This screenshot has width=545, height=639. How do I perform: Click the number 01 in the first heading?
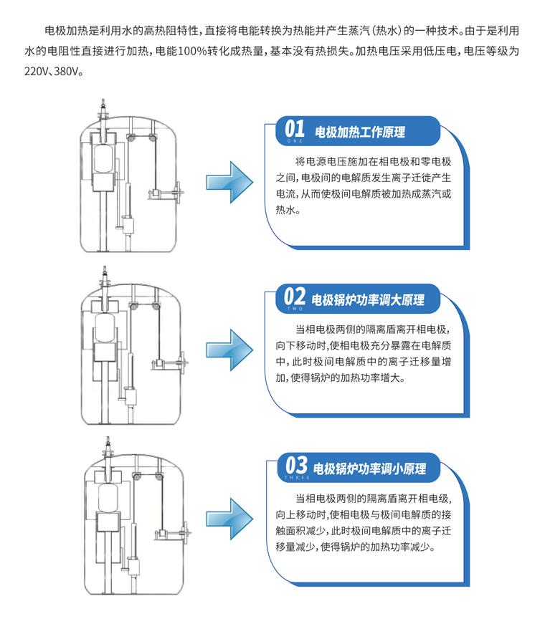(x=295, y=130)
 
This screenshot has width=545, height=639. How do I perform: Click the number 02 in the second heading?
(x=295, y=297)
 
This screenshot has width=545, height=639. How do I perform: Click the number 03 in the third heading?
(x=296, y=465)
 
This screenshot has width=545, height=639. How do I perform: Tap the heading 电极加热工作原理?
(x=360, y=133)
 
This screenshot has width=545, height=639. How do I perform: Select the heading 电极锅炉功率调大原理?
(x=367, y=300)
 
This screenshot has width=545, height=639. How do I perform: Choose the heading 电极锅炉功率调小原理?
(x=370, y=469)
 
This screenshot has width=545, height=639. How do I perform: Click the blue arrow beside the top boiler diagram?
(x=229, y=180)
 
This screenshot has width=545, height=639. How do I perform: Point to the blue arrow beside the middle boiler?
(x=229, y=347)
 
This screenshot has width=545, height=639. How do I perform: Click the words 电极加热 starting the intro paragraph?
(x=64, y=32)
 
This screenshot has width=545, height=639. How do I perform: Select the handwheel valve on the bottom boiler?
(x=188, y=531)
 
